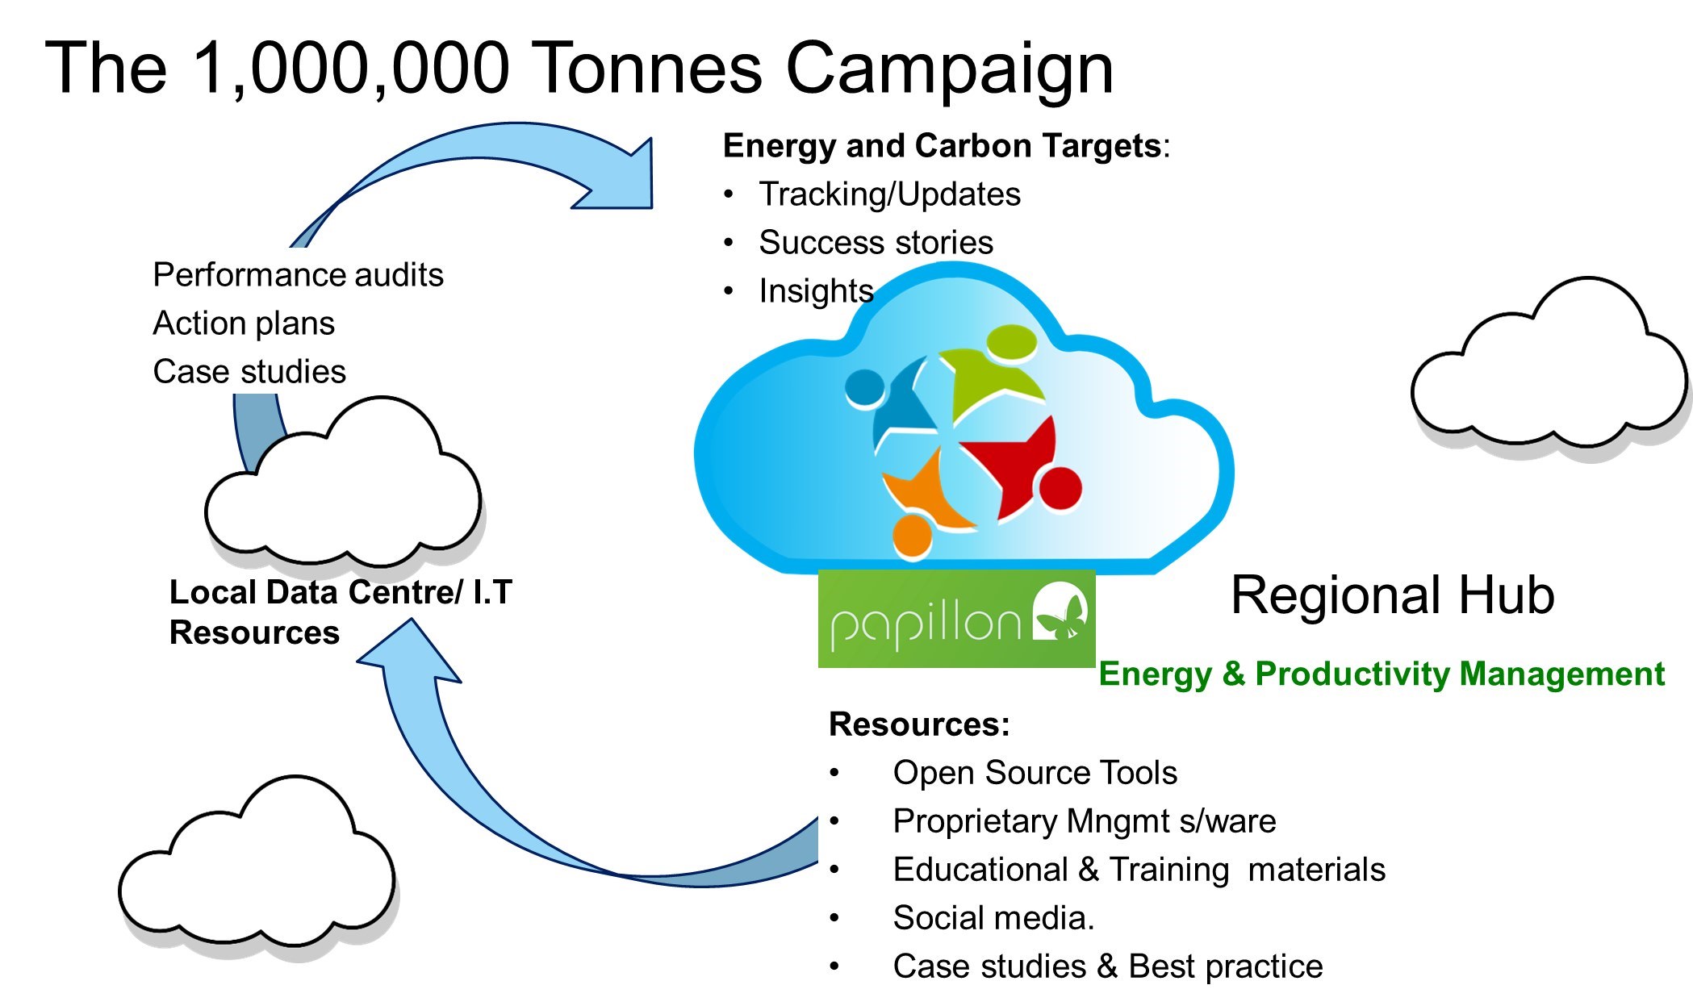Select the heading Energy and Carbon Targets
[x=942, y=146]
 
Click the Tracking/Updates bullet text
[x=889, y=194]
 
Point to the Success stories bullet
[x=876, y=242]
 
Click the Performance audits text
[x=298, y=275]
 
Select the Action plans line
[x=244, y=324]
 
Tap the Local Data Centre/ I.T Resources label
[x=341, y=612]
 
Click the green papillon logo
[x=956, y=619]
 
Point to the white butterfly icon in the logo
[x=1060, y=612]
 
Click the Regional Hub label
[x=1392, y=595]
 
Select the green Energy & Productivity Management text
[x=1381, y=674]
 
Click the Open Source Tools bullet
[x=1035, y=773]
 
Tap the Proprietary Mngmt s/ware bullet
[x=1084, y=821]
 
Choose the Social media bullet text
[x=993, y=918]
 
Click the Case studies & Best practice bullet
[x=1107, y=966]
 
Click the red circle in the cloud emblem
[x=1060, y=488]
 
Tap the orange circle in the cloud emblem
[x=913, y=535]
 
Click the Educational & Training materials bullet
[x=1139, y=870]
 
